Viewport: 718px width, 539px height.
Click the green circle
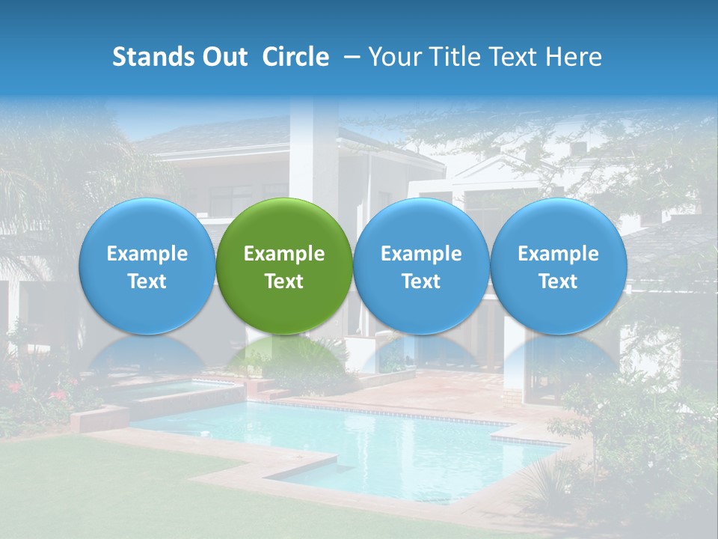click(284, 266)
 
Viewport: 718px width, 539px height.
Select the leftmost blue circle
click(147, 266)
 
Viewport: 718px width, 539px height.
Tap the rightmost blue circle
click(558, 266)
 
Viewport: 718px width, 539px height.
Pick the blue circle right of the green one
click(421, 266)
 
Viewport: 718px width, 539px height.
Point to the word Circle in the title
click(295, 57)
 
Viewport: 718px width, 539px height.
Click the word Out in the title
click(223, 57)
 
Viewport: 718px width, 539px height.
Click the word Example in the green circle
click(284, 254)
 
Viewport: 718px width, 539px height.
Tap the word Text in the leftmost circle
click(147, 281)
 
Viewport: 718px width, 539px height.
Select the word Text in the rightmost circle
click(558, 281)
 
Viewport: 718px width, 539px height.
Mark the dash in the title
click(349, 57)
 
